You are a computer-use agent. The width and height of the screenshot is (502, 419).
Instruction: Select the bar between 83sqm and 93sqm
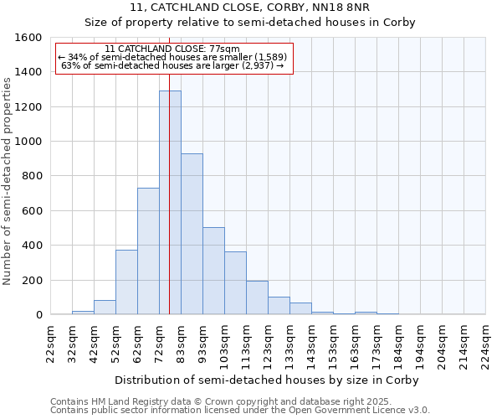(192, 234)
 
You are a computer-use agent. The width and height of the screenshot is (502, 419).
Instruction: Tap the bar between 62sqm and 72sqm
(148, 251)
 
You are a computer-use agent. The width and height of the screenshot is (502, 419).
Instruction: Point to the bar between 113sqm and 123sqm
(257, 297)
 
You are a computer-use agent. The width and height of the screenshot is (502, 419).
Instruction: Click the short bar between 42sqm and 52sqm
(105, 308)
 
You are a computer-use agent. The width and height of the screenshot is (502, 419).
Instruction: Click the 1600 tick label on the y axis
(28, 38)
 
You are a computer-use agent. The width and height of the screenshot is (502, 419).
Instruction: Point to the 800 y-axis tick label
(31, 176)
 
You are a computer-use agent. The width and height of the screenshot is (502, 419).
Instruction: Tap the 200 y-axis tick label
(31, 280)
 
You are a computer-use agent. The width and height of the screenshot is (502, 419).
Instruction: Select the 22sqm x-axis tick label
(50, 344)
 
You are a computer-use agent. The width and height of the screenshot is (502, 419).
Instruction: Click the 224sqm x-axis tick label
(486, 344)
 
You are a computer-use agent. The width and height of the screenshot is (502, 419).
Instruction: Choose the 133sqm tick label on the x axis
(289, 344)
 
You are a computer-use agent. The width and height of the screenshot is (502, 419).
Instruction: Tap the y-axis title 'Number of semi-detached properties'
(8, 178)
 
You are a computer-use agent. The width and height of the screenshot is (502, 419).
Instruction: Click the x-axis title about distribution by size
(268, 380)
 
